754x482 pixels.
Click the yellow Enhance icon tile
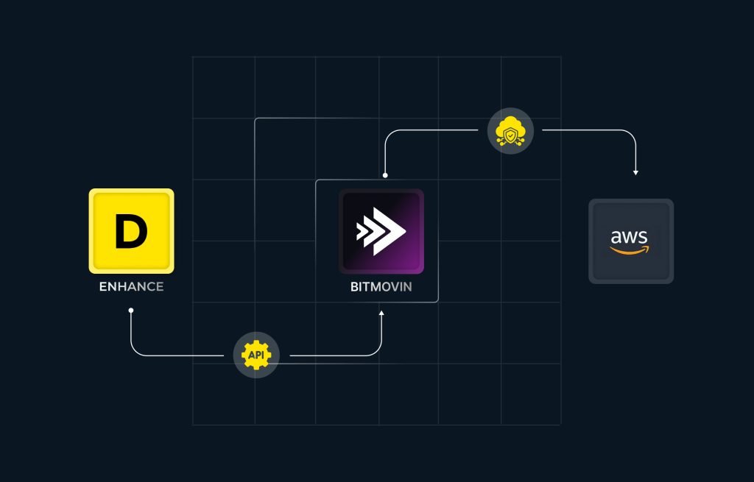pyautogui.click(x=131, y=231)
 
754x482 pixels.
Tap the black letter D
pyautogui.click(x=131, y=231)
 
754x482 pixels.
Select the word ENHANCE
pyautogui.click(x=131, y=287)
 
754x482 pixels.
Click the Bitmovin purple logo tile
pyautogui.click(x=381, y=232)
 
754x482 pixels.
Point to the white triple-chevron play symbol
pyautogui.click(x=381, y=231)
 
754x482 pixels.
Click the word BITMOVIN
pyautogui.click(x=381, y=287)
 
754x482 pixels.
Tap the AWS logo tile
pyautogui.click(x=631, y=241)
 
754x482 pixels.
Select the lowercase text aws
pyautogui.click(x=629, y=237)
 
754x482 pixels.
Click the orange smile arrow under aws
pyautogui.click(x=629, y=250)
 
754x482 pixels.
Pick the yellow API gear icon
pyautogui.click(x=256, y=355)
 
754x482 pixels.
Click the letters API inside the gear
pyautogui.click(x=256, y=355)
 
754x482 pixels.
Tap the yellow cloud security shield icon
pyautogui.click(x=510, y=131)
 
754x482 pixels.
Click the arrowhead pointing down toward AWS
pyautogui.click(x=635, y=172)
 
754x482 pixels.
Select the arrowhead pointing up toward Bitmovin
pyautogui.click(x=381, y=313)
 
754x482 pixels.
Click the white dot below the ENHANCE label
pyautogui.click(x=131, y=311)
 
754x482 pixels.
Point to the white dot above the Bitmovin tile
pyautogui.click(x=385, y=175)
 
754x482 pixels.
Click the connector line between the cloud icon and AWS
pyautogui.click(x=610, y=130)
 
